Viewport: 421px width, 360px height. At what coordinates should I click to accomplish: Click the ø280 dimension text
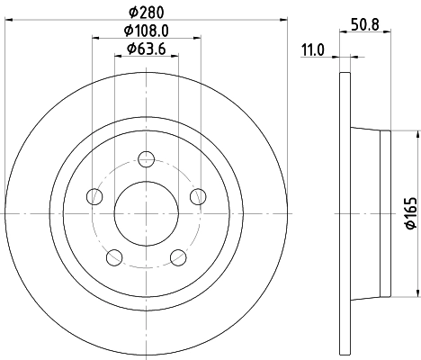pos(147,13)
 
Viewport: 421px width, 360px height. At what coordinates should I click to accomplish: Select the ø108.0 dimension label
pos(147,31)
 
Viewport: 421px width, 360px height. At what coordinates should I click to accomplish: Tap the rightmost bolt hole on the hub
pos(198,196)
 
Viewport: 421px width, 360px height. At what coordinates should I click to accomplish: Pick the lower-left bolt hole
pos(114,257)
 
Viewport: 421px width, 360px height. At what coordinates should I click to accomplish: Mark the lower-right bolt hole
pos(178,257)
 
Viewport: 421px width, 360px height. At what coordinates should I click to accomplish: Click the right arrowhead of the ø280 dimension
pos(283,20)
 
